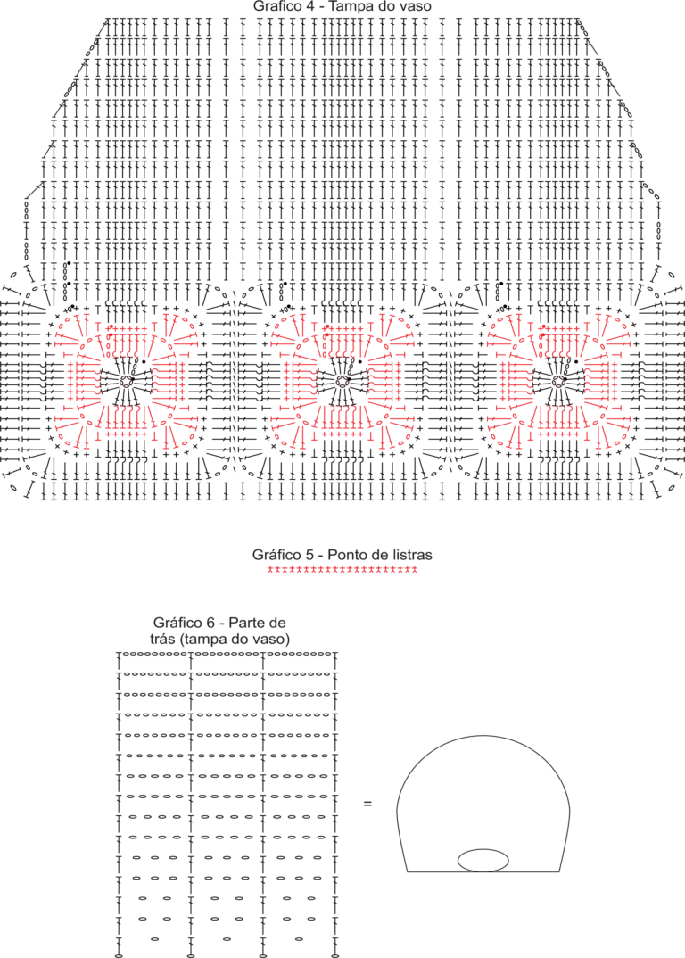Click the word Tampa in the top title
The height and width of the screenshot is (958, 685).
[x=348, y=7]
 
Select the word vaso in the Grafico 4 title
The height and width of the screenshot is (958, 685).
[x=417, y=7]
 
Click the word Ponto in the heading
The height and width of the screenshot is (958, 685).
[x=344, y=555]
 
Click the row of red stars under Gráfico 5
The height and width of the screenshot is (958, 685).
[x=342, y=569]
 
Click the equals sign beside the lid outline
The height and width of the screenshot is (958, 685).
[x=367, y=804]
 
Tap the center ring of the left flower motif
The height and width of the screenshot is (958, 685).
[x=126, y=382]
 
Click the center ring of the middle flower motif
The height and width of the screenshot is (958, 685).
[x=342, y=382]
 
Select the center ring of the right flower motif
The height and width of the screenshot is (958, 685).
[x=557, y=382]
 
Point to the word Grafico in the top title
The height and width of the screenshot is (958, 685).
[x=276, y=7]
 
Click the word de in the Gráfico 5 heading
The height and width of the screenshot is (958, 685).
[x=374, y=555]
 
